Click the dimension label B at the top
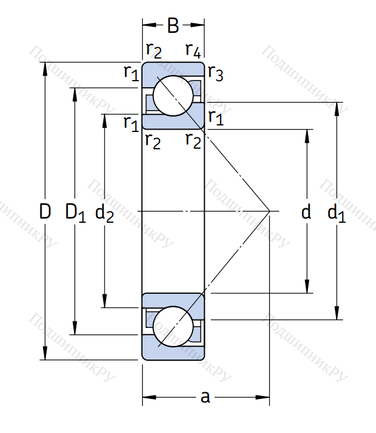172,26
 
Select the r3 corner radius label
215,73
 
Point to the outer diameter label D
45,211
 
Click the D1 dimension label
75,212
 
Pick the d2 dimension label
104,212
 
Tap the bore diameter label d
306,211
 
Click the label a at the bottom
205,397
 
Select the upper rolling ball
173,96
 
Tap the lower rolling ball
173,326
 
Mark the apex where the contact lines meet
270,211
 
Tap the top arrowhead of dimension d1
338,108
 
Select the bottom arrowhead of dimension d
308,288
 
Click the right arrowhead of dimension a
264,397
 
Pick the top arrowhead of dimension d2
105,119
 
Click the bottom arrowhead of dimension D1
75,329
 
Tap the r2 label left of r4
153,50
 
